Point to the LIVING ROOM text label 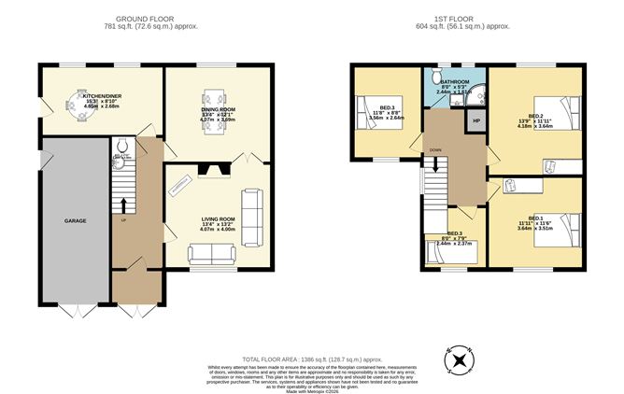click(219, 220)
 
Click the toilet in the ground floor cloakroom click(121, 146)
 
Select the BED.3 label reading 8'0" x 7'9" click(454, 237)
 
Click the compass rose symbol click(460, 362)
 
